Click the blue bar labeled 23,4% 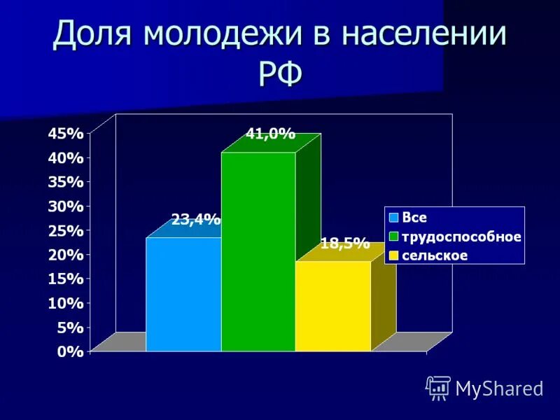[183, 294]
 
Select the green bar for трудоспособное [258, 252]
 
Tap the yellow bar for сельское [332, 306]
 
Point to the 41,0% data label [270, 134]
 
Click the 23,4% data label [196, 220]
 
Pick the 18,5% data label [344, 244]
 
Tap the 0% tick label [71, 352]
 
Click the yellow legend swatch [394, 255]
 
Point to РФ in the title [280, 72]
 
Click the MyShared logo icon [438, 388]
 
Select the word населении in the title [426, 35]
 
